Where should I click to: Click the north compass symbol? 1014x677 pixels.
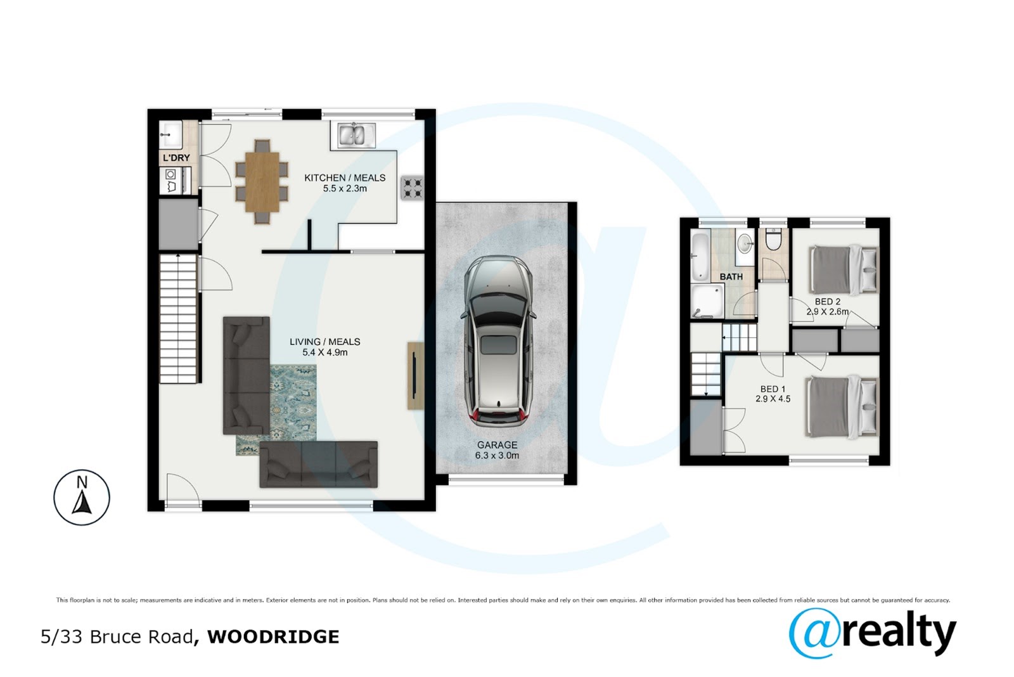coord(82,498)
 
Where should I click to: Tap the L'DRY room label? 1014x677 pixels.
coord(176,158)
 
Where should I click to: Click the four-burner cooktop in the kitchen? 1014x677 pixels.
coord(413,188)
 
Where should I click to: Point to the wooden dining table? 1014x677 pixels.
coord(262,182)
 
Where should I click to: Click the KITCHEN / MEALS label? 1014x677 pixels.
coord(345,177)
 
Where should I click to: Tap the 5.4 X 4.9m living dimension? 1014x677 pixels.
coord(325,352)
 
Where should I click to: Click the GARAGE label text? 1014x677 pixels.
coord(497,445)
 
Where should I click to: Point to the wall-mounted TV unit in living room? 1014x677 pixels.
coord(415,376)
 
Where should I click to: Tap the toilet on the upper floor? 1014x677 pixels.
coord(773,240)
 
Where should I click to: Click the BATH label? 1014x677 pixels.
coord(731,276)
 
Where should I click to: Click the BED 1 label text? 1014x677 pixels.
coord(773,389)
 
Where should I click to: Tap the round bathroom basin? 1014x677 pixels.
coord(745,245)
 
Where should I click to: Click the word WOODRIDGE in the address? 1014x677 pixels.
coord(273,636)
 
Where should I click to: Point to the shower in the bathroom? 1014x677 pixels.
coord(707,301)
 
